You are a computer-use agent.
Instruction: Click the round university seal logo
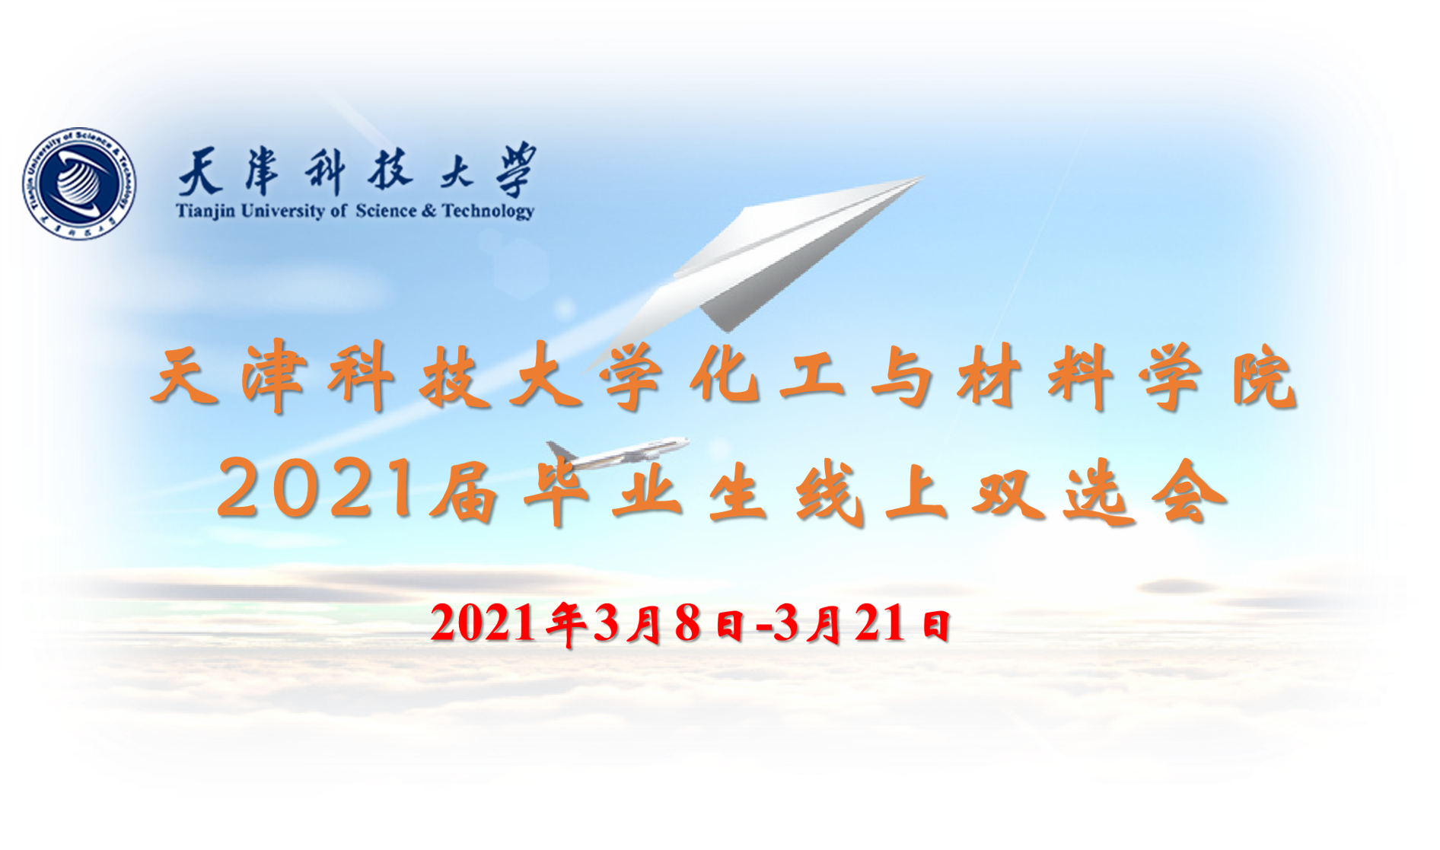pos(79,183)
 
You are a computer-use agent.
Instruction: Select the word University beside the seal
pos(282,211)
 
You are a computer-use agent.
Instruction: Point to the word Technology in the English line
pos(488,211)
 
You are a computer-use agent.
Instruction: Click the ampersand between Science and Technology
pos(428,211)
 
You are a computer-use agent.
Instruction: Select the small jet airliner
pos(617,454)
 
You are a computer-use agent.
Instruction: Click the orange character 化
pos(725,376)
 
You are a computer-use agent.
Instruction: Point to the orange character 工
pos(814,376)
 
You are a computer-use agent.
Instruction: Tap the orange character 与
pos(903,376)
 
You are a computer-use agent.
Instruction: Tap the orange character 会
pos(1189,493)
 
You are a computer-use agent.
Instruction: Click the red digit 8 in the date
pos(687,624)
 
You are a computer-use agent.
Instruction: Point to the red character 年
pos(565,624)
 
